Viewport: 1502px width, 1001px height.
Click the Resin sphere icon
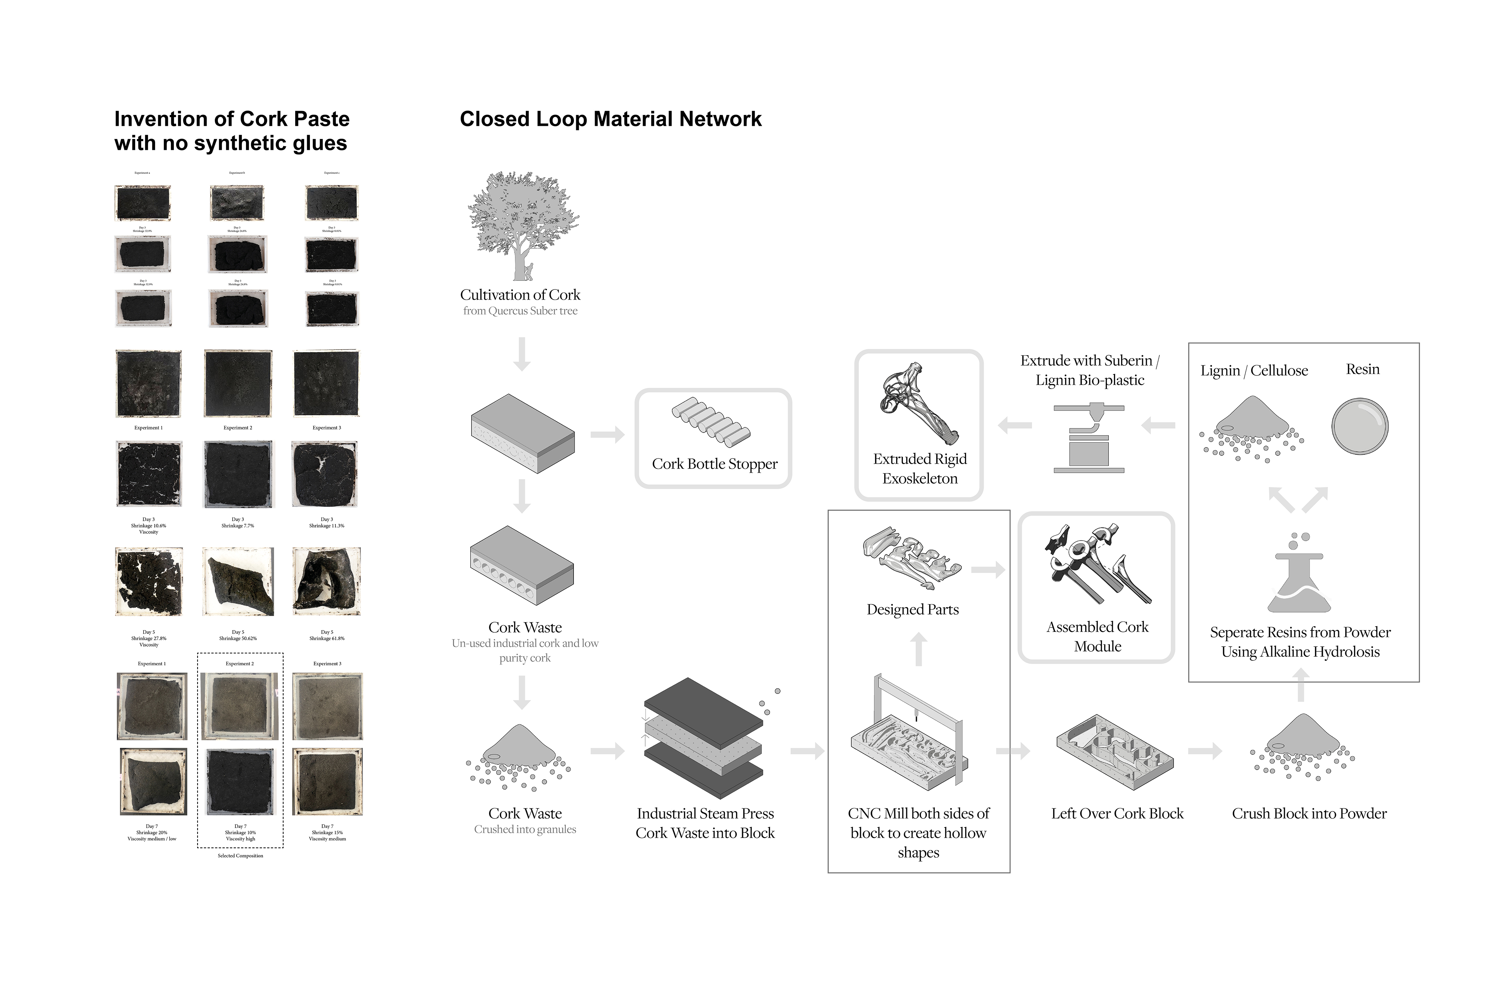[x=1360, y=427]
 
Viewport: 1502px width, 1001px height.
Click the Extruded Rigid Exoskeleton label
[x=919, y=469]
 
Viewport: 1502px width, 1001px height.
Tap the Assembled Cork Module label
[x=1097, y=636]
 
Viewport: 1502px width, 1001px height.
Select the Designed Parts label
[x=913, y=610]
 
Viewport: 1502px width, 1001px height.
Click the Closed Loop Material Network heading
[x=610, y=119]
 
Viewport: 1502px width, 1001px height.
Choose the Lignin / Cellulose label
[x=1254, y=371]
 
